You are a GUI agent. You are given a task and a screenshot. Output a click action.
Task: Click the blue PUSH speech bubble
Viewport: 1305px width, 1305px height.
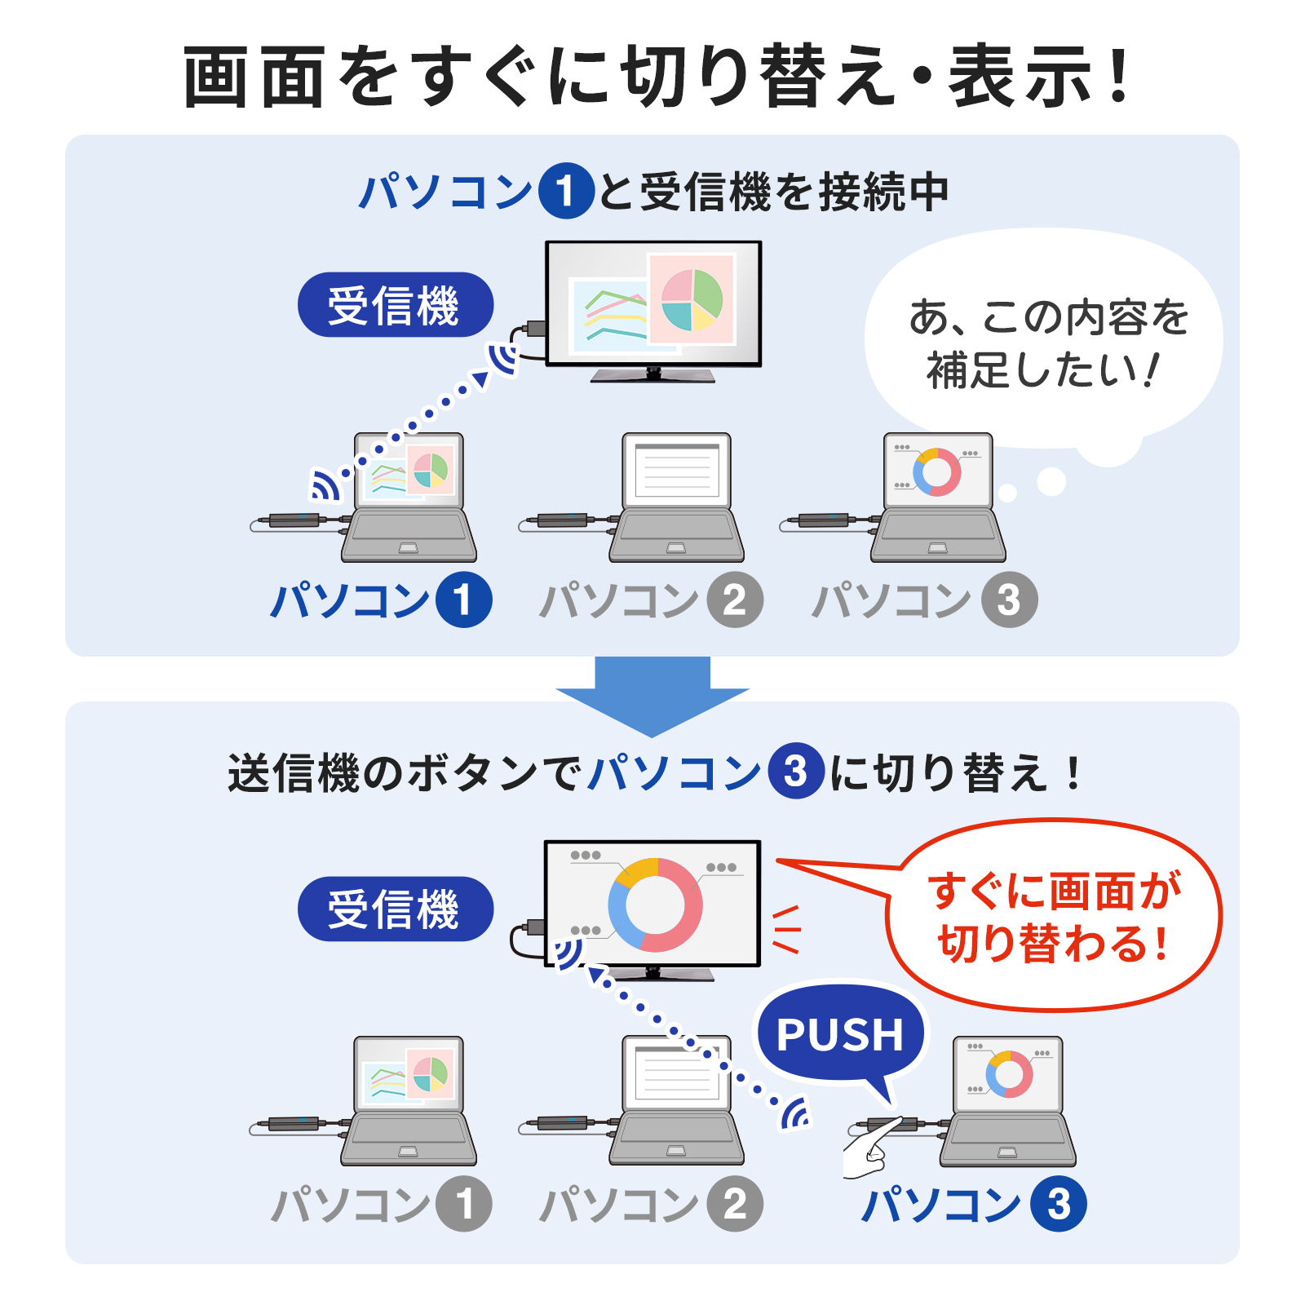click(840, 1034)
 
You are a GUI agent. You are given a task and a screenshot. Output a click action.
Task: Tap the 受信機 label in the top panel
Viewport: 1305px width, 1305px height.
click(396, 305)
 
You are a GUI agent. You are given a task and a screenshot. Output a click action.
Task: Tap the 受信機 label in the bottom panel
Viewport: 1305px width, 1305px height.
click(396, 909)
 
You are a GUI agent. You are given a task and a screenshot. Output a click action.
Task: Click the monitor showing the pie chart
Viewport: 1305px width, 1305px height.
click(653, 303)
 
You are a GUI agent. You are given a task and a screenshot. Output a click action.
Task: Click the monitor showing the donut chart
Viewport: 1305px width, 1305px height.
click(652, 904)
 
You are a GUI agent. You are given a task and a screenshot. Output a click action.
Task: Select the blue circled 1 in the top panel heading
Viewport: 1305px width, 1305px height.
click(565, 192)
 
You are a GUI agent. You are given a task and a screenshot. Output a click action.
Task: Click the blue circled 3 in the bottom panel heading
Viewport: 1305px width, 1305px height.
click(795, 772)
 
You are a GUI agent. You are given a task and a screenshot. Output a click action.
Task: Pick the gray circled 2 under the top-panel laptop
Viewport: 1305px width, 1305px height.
click(735, 601)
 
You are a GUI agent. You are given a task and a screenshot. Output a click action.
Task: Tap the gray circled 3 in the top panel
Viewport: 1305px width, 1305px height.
click(1009, 601)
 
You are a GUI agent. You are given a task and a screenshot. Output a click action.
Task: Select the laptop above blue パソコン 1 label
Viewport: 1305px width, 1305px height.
click(409, 498)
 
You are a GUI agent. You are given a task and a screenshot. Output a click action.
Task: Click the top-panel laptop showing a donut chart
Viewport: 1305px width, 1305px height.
click(938, 498)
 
